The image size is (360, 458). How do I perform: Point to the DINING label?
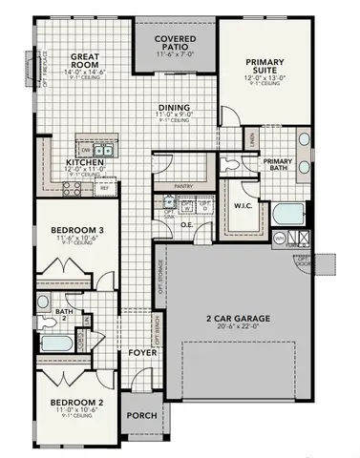[x=174, y=108]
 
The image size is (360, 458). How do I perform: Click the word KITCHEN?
[x=83, y=162]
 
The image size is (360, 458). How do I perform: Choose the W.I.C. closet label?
[x=242, y=206]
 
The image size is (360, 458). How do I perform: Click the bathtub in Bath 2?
[x=57, y=341]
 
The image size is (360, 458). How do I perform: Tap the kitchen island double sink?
[x=104, y=150]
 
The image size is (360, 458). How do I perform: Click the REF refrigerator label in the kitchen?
[x=103, y=189]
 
